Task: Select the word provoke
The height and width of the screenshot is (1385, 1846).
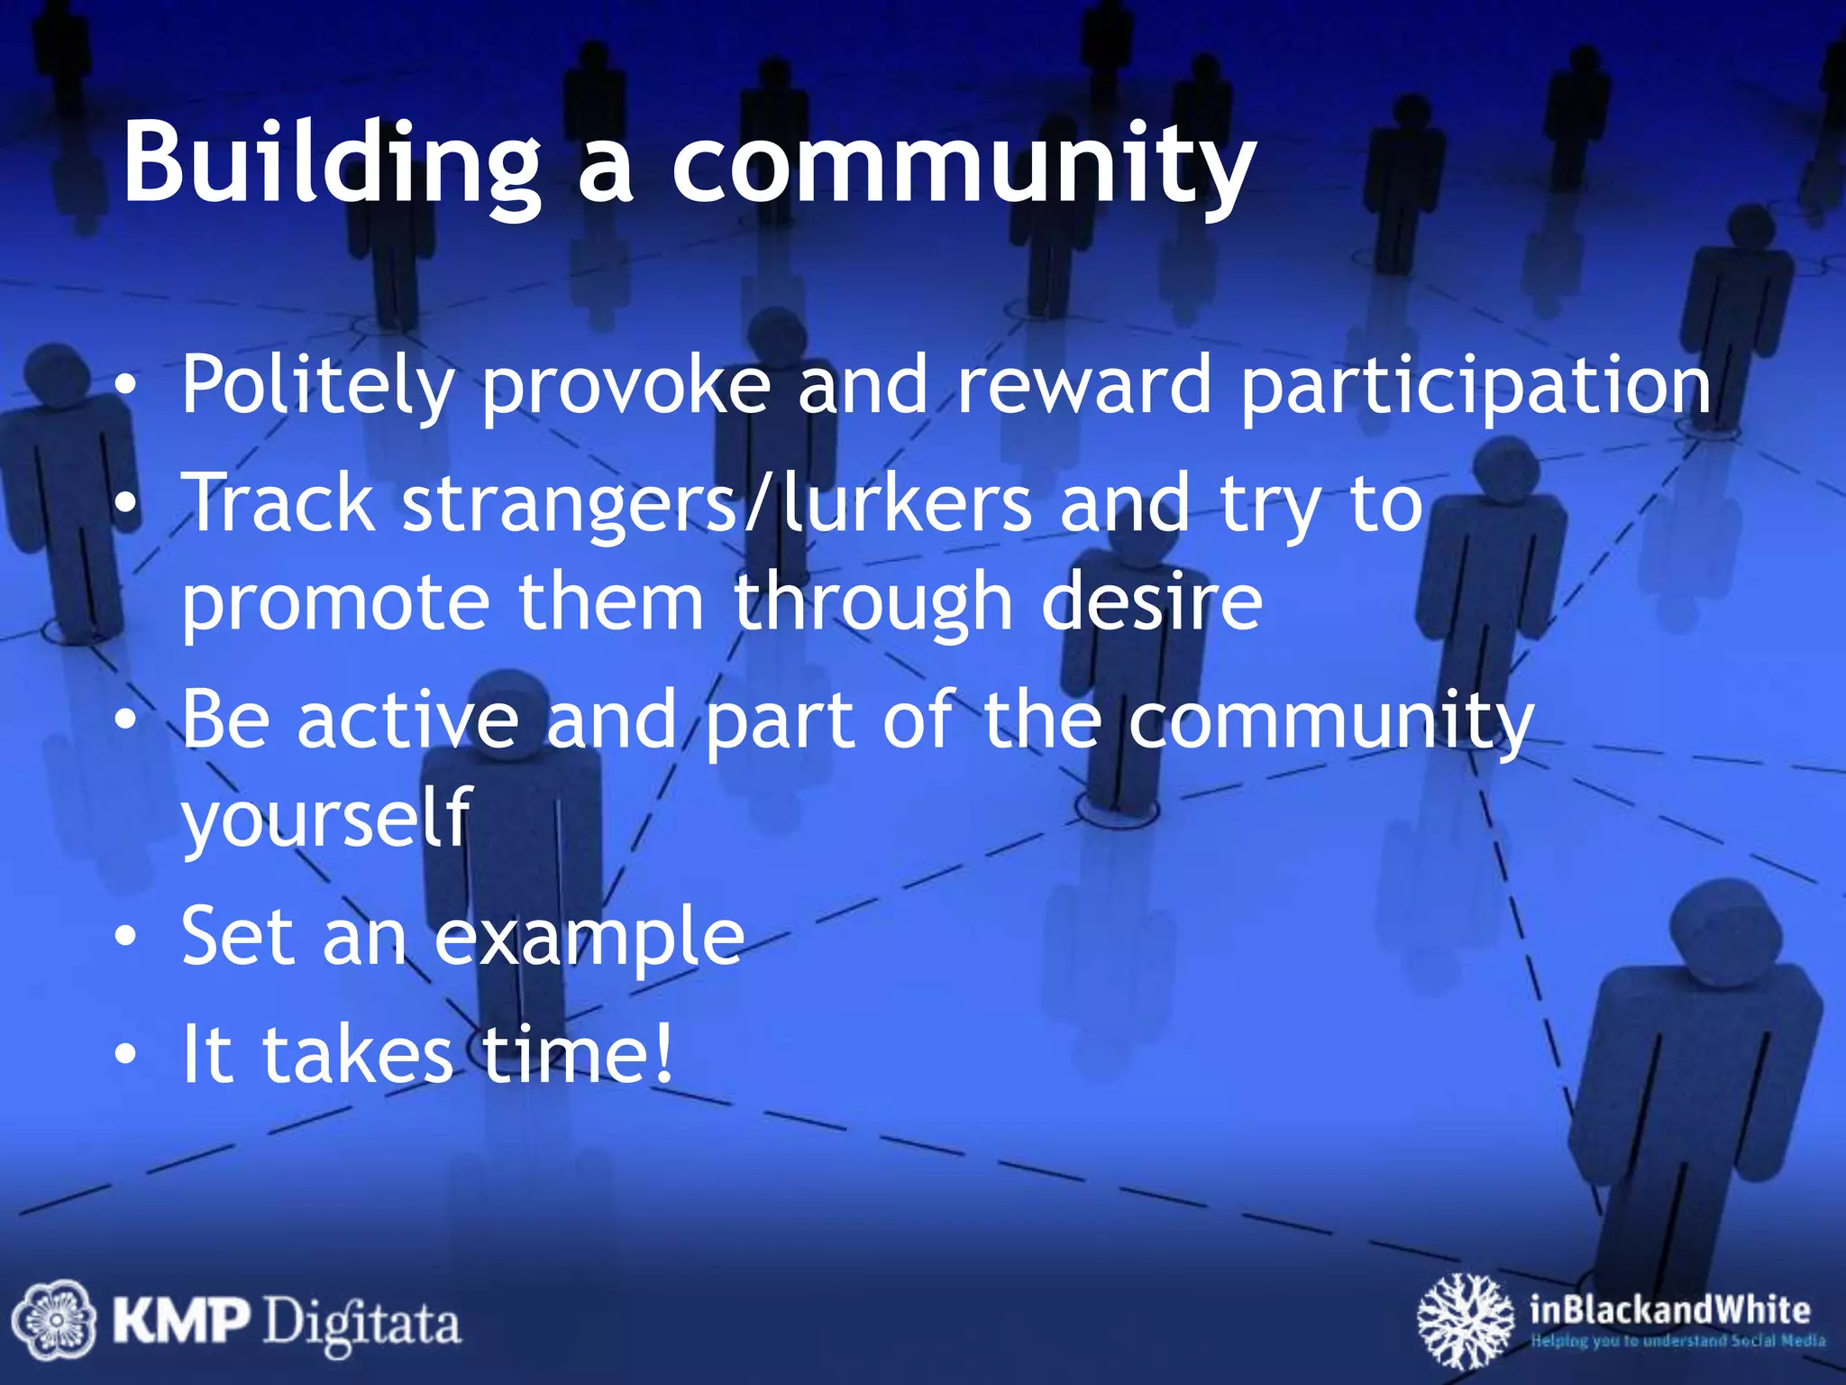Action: (626, 386)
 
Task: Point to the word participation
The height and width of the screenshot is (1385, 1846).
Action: (1476, 386)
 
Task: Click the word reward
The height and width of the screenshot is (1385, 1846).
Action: (1084, 386)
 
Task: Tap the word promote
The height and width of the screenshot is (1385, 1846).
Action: (336, 602)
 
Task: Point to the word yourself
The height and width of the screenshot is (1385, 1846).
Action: (326, 817)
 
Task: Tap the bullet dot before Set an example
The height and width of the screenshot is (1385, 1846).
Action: (127, 938)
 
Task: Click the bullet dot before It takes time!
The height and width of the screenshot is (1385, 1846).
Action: (127, 1053)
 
